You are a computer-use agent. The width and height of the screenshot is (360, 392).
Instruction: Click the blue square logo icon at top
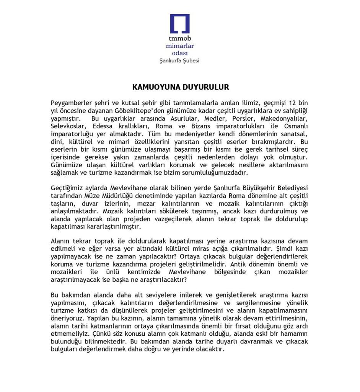pos(180,24)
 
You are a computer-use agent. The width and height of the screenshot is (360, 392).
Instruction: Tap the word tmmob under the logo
pos(179,39)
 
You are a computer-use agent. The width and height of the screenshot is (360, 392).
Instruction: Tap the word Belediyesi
pos(293,188)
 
